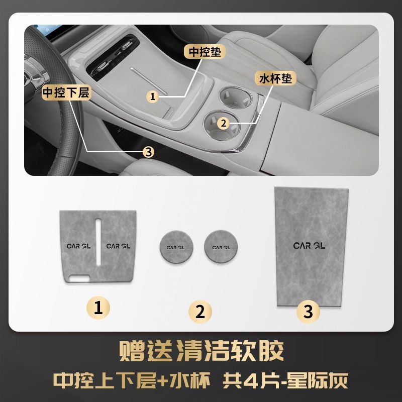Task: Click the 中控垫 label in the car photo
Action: tap(205, 52)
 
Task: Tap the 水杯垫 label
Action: tap(275, 78)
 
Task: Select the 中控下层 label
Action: tap(66, 92)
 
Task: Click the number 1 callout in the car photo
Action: tap(153, 96)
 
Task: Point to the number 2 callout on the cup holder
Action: tap(224, 123)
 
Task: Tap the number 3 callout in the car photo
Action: tap(149, 152)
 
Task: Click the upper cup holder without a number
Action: tap(235, 97)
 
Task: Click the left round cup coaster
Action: tap(176, 247)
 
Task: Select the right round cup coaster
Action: tap(221, 246)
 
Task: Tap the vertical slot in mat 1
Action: tap(98, 242)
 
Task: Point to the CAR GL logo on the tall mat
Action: tap(309, 246)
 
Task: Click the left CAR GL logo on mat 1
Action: tap(78, 246)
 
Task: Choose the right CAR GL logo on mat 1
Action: tap(118, 246)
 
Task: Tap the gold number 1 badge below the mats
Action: tap(98, 308)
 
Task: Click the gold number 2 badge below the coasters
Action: tap(200, 312)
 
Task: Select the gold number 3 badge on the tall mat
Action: tap(308, 312)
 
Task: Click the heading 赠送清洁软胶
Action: tap(202, 350)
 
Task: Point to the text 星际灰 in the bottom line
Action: tap(318, 381)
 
